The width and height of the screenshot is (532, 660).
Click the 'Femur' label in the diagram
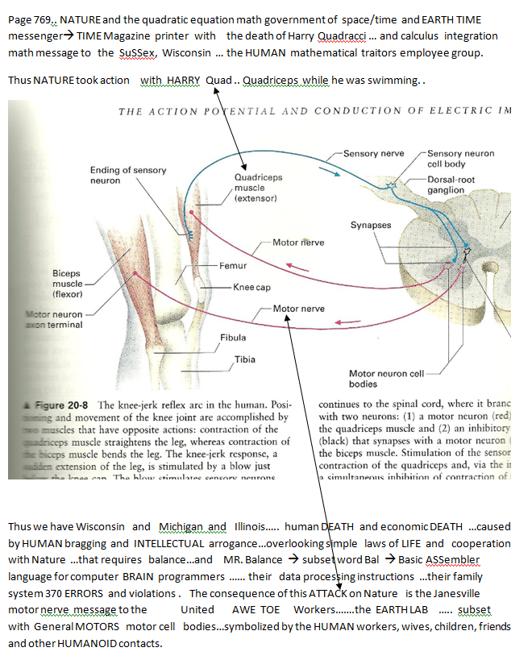[233, 265]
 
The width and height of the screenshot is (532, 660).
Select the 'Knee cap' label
[251, 287]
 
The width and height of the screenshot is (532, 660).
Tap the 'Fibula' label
[233, 338]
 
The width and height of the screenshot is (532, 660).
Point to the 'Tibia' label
[245, 359]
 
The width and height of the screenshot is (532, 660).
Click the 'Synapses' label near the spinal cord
[370, 225]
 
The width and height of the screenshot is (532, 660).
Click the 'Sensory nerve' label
[373, 153]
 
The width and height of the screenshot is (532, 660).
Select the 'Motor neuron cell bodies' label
[386, 379]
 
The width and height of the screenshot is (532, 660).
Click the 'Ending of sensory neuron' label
[128, 175]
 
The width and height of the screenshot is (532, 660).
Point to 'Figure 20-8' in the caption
[64, 405]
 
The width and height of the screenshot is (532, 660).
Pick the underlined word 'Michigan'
[181, 527]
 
